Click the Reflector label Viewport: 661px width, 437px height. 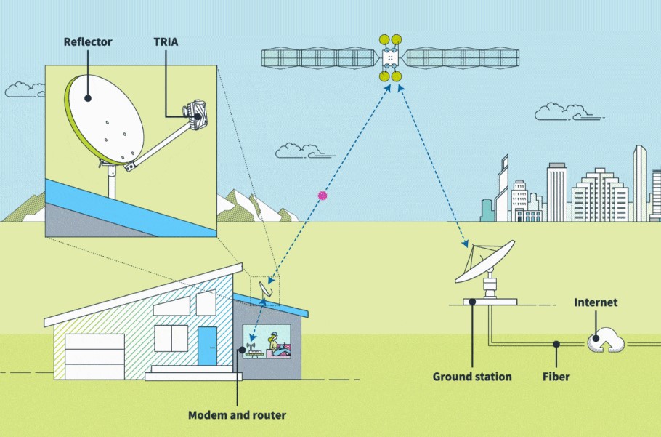point(88,41)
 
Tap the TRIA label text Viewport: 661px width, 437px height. point(166,41)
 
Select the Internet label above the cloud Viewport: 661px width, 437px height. point(595,302)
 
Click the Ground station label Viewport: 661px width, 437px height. point(472,377)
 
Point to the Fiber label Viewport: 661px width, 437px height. point(556,377)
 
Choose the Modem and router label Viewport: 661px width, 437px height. point(237,415)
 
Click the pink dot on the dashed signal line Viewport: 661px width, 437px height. point(323,195)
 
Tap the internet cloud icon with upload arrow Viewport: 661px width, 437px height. point(604,338)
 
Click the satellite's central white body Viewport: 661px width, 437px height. point(390,57)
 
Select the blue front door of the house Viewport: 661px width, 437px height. point(208,346)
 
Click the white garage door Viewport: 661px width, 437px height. point(94,356)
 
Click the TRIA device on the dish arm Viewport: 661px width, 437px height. point(197,113)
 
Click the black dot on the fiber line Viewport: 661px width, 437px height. point(556,343)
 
